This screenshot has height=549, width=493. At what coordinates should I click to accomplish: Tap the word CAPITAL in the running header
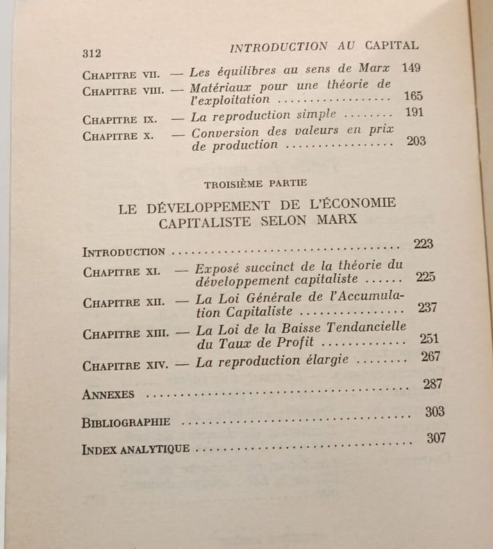click(392, 46)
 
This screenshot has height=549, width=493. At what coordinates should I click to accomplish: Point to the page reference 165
click(412, 96)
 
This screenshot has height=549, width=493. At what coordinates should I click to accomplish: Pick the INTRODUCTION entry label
click(123, 251)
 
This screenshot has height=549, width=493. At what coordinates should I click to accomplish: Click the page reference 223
click(422, 243)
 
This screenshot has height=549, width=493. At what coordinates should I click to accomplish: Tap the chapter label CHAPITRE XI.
click(122, 272)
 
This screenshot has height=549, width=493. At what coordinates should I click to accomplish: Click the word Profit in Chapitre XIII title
click(291, 343)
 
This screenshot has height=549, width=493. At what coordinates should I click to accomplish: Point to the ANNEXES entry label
click(108, 394)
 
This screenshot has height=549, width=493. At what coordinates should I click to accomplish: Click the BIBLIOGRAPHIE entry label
click(126, 423)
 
